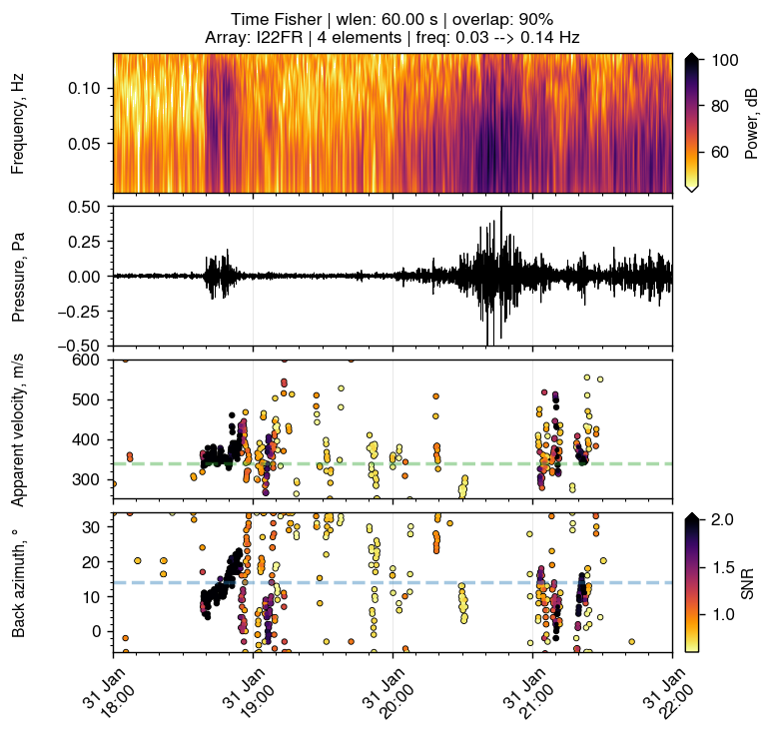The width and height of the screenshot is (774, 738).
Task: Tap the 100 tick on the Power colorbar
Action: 724,61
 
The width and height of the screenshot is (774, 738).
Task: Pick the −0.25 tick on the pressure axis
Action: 83,311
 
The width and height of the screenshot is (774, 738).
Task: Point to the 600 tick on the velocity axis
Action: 92,360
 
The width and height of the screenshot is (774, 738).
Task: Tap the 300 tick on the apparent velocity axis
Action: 92,480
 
